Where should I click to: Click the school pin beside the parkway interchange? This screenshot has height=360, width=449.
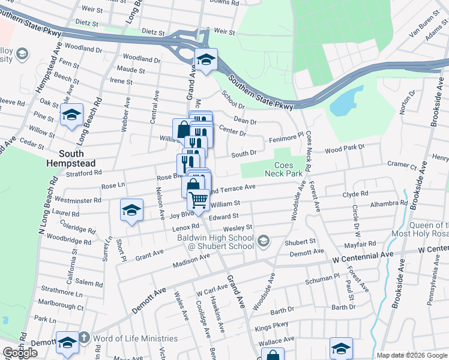click(206, 59)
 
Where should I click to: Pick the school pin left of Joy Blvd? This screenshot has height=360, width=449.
click(131, 210)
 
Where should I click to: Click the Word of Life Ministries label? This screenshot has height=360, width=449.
click(136, 338)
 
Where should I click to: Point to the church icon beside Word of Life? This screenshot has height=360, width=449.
click(84, 338)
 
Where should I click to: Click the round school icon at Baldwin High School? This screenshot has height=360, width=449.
click(262, 242)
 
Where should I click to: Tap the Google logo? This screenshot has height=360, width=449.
click(20, 353)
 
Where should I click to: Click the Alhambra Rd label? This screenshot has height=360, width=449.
click(389, 204)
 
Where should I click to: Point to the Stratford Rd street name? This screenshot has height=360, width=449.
click(85, 173)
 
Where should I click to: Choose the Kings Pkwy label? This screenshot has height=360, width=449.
click(272, 325)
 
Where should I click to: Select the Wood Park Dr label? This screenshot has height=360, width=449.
click(345, 148)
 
